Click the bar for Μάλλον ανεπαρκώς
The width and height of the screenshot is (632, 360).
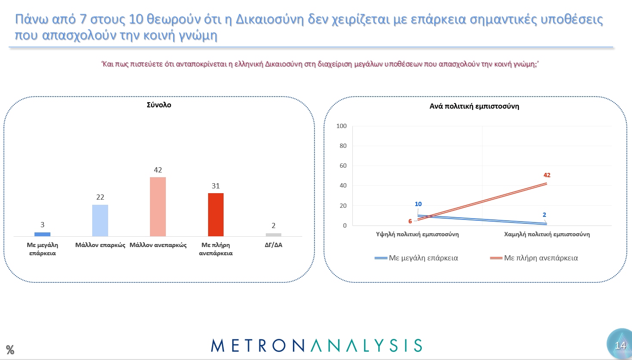[x=158, y=207]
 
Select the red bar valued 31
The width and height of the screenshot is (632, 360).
[x=215, y=214]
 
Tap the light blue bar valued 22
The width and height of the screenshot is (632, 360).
[x=100, y=220]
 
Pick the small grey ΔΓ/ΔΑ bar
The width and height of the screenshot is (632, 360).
[x=273, y=235]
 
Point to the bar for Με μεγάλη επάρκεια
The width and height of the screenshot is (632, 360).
[x=42, y=234]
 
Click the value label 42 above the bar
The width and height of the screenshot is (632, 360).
[x=158, y=170]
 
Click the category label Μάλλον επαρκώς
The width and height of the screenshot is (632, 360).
[x=100, y=245]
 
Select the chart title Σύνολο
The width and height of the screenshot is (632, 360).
[x=159, y=105]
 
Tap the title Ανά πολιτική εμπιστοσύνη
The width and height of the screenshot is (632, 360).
[x=474, y=106]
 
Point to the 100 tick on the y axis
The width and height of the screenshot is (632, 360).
[x=341, y=126]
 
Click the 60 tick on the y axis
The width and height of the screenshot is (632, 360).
[x=342, y=166]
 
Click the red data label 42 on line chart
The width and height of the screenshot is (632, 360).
[x=547, y=175]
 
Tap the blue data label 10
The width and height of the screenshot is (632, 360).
[x=418, y=204]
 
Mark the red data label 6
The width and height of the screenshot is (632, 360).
[x=410, y=221]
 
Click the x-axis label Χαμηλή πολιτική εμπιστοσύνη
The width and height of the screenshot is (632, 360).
[x=547, y=234]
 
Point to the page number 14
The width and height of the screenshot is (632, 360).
[x=620, y=345]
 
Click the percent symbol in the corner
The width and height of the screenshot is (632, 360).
[x=10, y=350]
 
